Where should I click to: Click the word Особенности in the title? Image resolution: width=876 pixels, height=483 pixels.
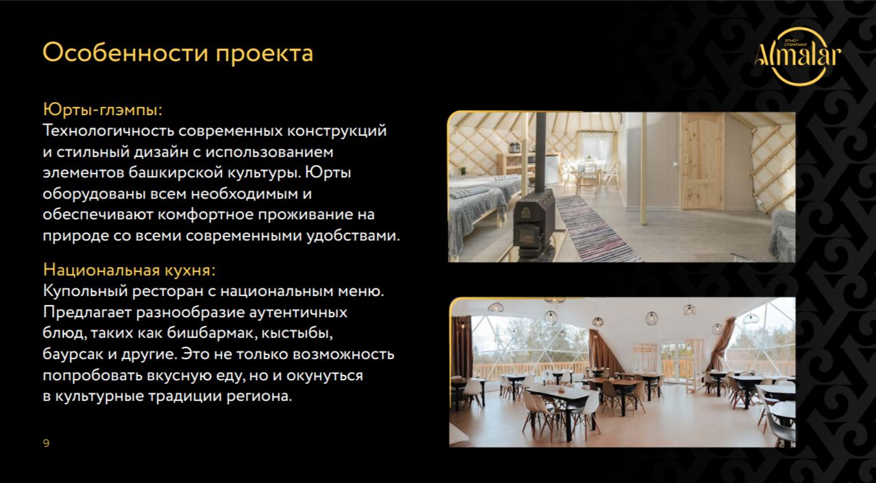[125, 52]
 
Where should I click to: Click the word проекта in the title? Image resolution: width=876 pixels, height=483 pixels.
[264, 55]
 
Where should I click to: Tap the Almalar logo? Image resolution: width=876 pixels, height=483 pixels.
[798, 56]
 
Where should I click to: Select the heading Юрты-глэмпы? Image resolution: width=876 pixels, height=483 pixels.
[103, 110]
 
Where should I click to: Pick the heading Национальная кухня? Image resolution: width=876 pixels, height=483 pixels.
[129, 270]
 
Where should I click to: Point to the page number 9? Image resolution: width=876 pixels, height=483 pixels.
[46, 443]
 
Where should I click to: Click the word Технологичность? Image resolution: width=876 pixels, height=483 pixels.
[108, 131]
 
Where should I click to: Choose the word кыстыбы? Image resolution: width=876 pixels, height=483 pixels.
[297, 333]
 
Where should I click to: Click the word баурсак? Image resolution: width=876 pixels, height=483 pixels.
[73, 354]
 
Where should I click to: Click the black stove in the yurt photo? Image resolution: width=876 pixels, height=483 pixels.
[533, 222]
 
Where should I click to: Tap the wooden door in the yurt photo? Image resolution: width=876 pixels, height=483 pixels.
[703, 162]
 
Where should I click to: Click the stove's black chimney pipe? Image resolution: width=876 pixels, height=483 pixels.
[540, 153]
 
